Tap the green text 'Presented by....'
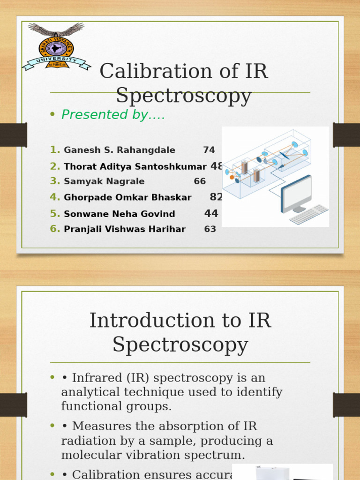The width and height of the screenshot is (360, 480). point(113,114)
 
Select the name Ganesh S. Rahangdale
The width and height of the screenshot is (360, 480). point(120,150)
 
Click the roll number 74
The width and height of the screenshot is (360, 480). point(209,150)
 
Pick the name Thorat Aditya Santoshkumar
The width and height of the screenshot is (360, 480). point(135,166)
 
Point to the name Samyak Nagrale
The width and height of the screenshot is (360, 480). point(104,181)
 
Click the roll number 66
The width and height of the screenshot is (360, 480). point(200,181)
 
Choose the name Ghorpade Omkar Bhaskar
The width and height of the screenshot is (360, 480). point(127,198)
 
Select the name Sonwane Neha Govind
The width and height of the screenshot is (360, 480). point(120,214)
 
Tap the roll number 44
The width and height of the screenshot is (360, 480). point(211,214)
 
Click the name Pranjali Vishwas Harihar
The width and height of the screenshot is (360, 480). point(125,229)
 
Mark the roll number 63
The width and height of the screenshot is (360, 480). point(210,229)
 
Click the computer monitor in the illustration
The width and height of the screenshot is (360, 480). point(296,192)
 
